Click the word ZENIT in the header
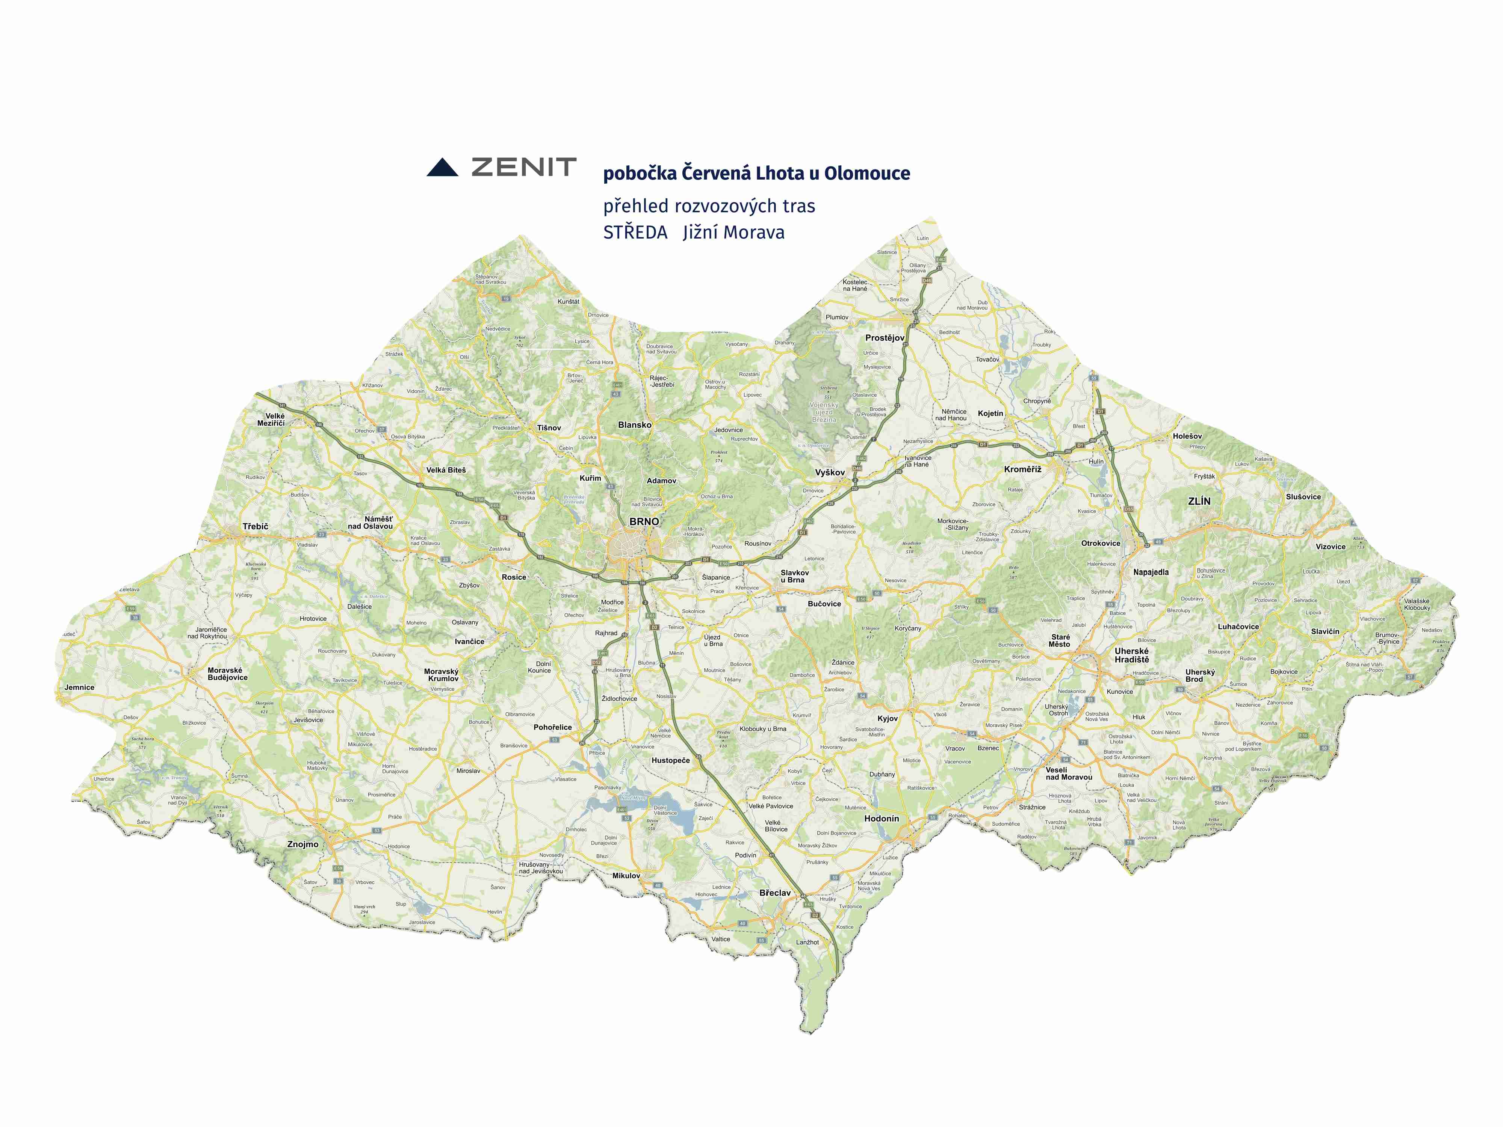click(524, 167)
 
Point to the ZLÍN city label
click(1199, 502)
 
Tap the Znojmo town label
click(302, 844)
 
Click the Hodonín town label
click(881, 819)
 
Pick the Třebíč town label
click(256, 526)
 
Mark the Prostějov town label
click(885, 338)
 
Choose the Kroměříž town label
click(1023, 470)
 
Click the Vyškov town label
click(830, 472)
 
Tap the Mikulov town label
click(626, 876)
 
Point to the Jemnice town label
click(80, 687)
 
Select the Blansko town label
click(635, 425)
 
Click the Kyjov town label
click(888, 718)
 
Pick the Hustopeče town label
click(671, 760)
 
